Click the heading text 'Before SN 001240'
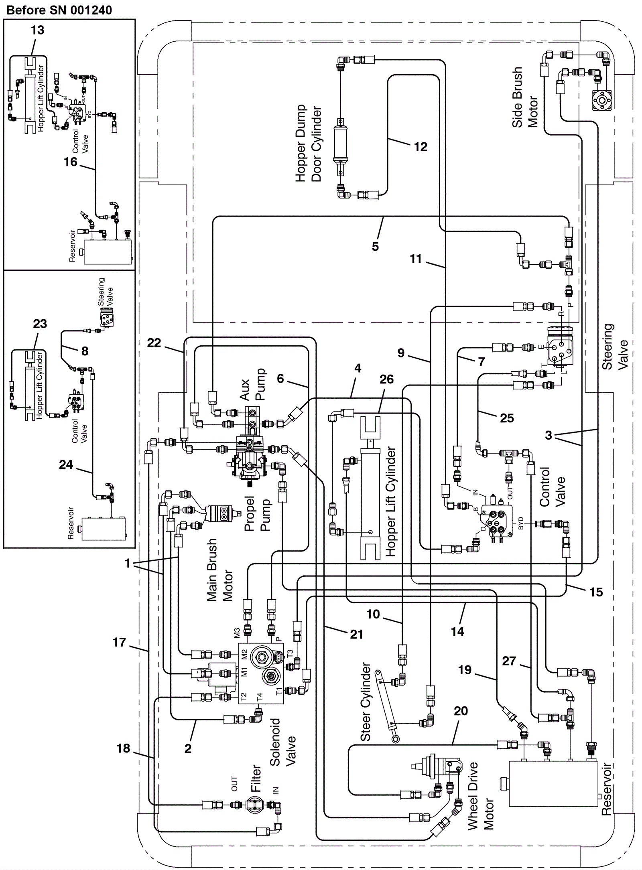pyautogui.click(x=59, y=10)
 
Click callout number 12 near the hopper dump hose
pyautogui.click(x=420, y=147)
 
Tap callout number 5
pyautogui.click(x=375, y=246)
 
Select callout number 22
pyautogui.click(x=154, y=343)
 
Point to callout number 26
pyautogui.click(x=386, y=379)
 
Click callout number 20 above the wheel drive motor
pyautogui.click(x=461, y=711)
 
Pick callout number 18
pyautogui.click(x=123, y=748)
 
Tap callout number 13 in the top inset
pyautogui.click(x=37, y=30)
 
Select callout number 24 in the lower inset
pyautogui.click(x=66, y=464)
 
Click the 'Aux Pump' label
pyautogui.click(x=253, y=384)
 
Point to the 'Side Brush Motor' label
pyautogui.click(x=524, y=97)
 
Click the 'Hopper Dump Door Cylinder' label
pyautogui.click(x=309, y=143)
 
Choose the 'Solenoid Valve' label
pyautogui.click(x=282, y=742)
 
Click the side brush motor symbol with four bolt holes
pyautogui.click(x=602, y=100)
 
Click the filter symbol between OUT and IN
pyautogui.click(x=254, y=805)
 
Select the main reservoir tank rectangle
pyautogui.click(x=553, y=784)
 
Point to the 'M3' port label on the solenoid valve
pyautogui.click(x=237, y=633)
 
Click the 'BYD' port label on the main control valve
pyautogui.click(x=520, y=523)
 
